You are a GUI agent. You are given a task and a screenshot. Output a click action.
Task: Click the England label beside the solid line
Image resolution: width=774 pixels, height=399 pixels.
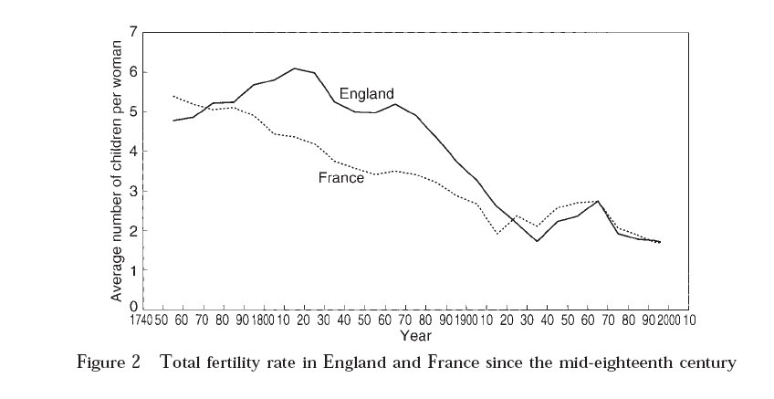pos(366,93)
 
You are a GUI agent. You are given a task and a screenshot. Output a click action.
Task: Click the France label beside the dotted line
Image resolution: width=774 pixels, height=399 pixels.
pos(341,178)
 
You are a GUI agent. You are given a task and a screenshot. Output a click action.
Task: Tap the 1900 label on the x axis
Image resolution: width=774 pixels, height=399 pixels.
pos(460,320)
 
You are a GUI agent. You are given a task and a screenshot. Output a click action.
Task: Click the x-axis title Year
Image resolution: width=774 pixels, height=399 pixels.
pos(411,335)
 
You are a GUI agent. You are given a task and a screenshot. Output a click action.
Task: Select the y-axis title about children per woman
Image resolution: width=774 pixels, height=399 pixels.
pos(116,170)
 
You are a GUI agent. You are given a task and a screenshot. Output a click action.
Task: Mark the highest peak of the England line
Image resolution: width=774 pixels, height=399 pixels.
pos(294,68)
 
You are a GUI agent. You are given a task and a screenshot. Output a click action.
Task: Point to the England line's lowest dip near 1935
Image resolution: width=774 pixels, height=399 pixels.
pos(537,241)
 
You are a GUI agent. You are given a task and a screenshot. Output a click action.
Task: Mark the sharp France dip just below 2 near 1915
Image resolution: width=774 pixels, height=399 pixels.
pos(497,234)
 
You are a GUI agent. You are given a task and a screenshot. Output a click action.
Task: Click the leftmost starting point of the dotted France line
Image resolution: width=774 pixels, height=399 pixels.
pos(173,96)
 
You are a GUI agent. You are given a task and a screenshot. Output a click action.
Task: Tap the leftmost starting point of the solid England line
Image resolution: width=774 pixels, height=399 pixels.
pos(173,121)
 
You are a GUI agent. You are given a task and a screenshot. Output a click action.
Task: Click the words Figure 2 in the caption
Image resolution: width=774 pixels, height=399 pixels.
pos(108,362)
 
